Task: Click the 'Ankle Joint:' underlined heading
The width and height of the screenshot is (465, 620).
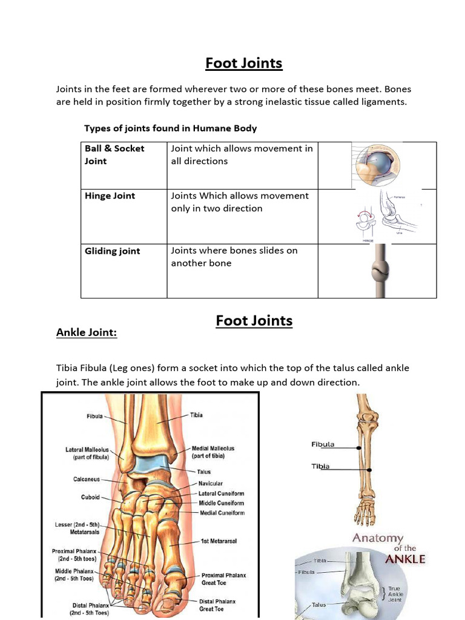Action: (x=86, y=332)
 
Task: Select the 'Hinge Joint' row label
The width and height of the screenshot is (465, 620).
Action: (x=110, y=196)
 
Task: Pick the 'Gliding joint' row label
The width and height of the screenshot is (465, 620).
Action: (x=112, y=251)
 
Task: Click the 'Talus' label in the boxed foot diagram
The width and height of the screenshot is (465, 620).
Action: (x=203, y=472)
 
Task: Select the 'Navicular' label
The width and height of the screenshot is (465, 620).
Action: (x=210, y=484)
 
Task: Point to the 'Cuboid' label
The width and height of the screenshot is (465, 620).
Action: (x=91, y=498)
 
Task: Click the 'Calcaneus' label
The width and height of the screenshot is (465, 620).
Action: (x=87, y=480)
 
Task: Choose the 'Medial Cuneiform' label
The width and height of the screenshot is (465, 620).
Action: (x=222, y=513)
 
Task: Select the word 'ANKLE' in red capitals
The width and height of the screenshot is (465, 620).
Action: (x=405, y=559)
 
